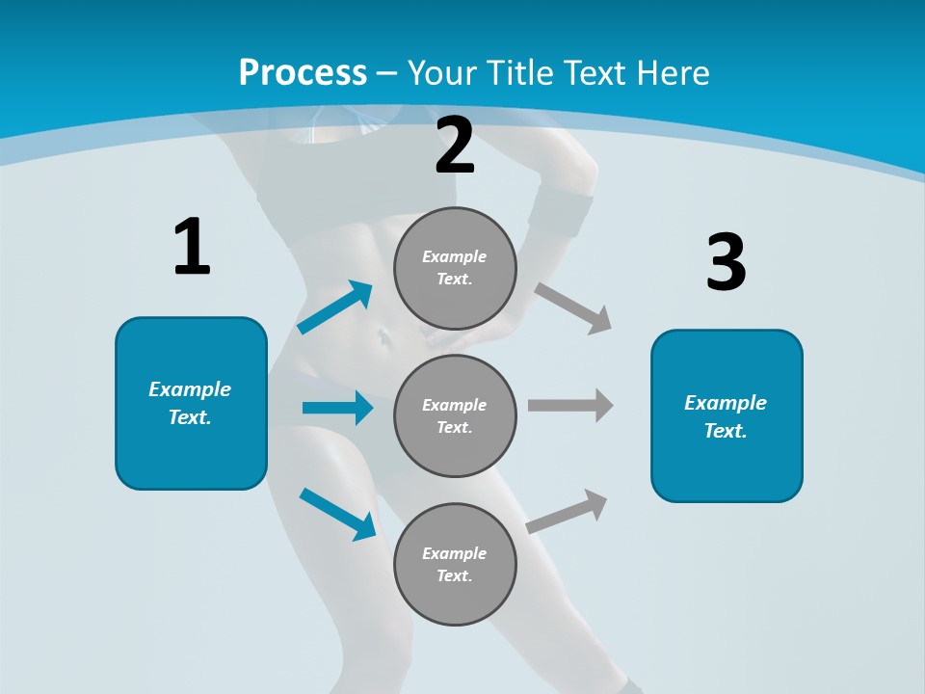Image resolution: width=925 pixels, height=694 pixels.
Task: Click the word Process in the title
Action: pos(303,73)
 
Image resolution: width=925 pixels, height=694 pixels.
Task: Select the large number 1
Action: pos(191,247)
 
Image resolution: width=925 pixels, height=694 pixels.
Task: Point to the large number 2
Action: pos(455,146)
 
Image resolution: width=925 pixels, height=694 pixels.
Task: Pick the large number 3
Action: pos(726,262)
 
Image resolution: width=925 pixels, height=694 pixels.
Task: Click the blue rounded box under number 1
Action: pos(191,403)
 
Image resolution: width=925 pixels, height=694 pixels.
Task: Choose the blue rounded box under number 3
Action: pos(727,415)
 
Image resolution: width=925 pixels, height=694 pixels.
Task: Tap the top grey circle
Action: pos(455,268)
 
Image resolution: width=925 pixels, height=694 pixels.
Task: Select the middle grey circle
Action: pos(455,415)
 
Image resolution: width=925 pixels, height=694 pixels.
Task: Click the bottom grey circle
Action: pos(455,564)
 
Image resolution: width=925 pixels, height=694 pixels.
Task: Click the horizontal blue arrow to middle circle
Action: pos(337,408)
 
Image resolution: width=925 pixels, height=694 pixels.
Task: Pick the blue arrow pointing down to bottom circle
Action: pos(338,514)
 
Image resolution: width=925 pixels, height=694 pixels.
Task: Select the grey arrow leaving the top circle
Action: pos(573,307)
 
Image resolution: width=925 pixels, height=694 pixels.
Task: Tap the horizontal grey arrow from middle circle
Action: pos(570,406)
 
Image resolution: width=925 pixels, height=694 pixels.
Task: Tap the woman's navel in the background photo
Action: pos(383,336)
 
